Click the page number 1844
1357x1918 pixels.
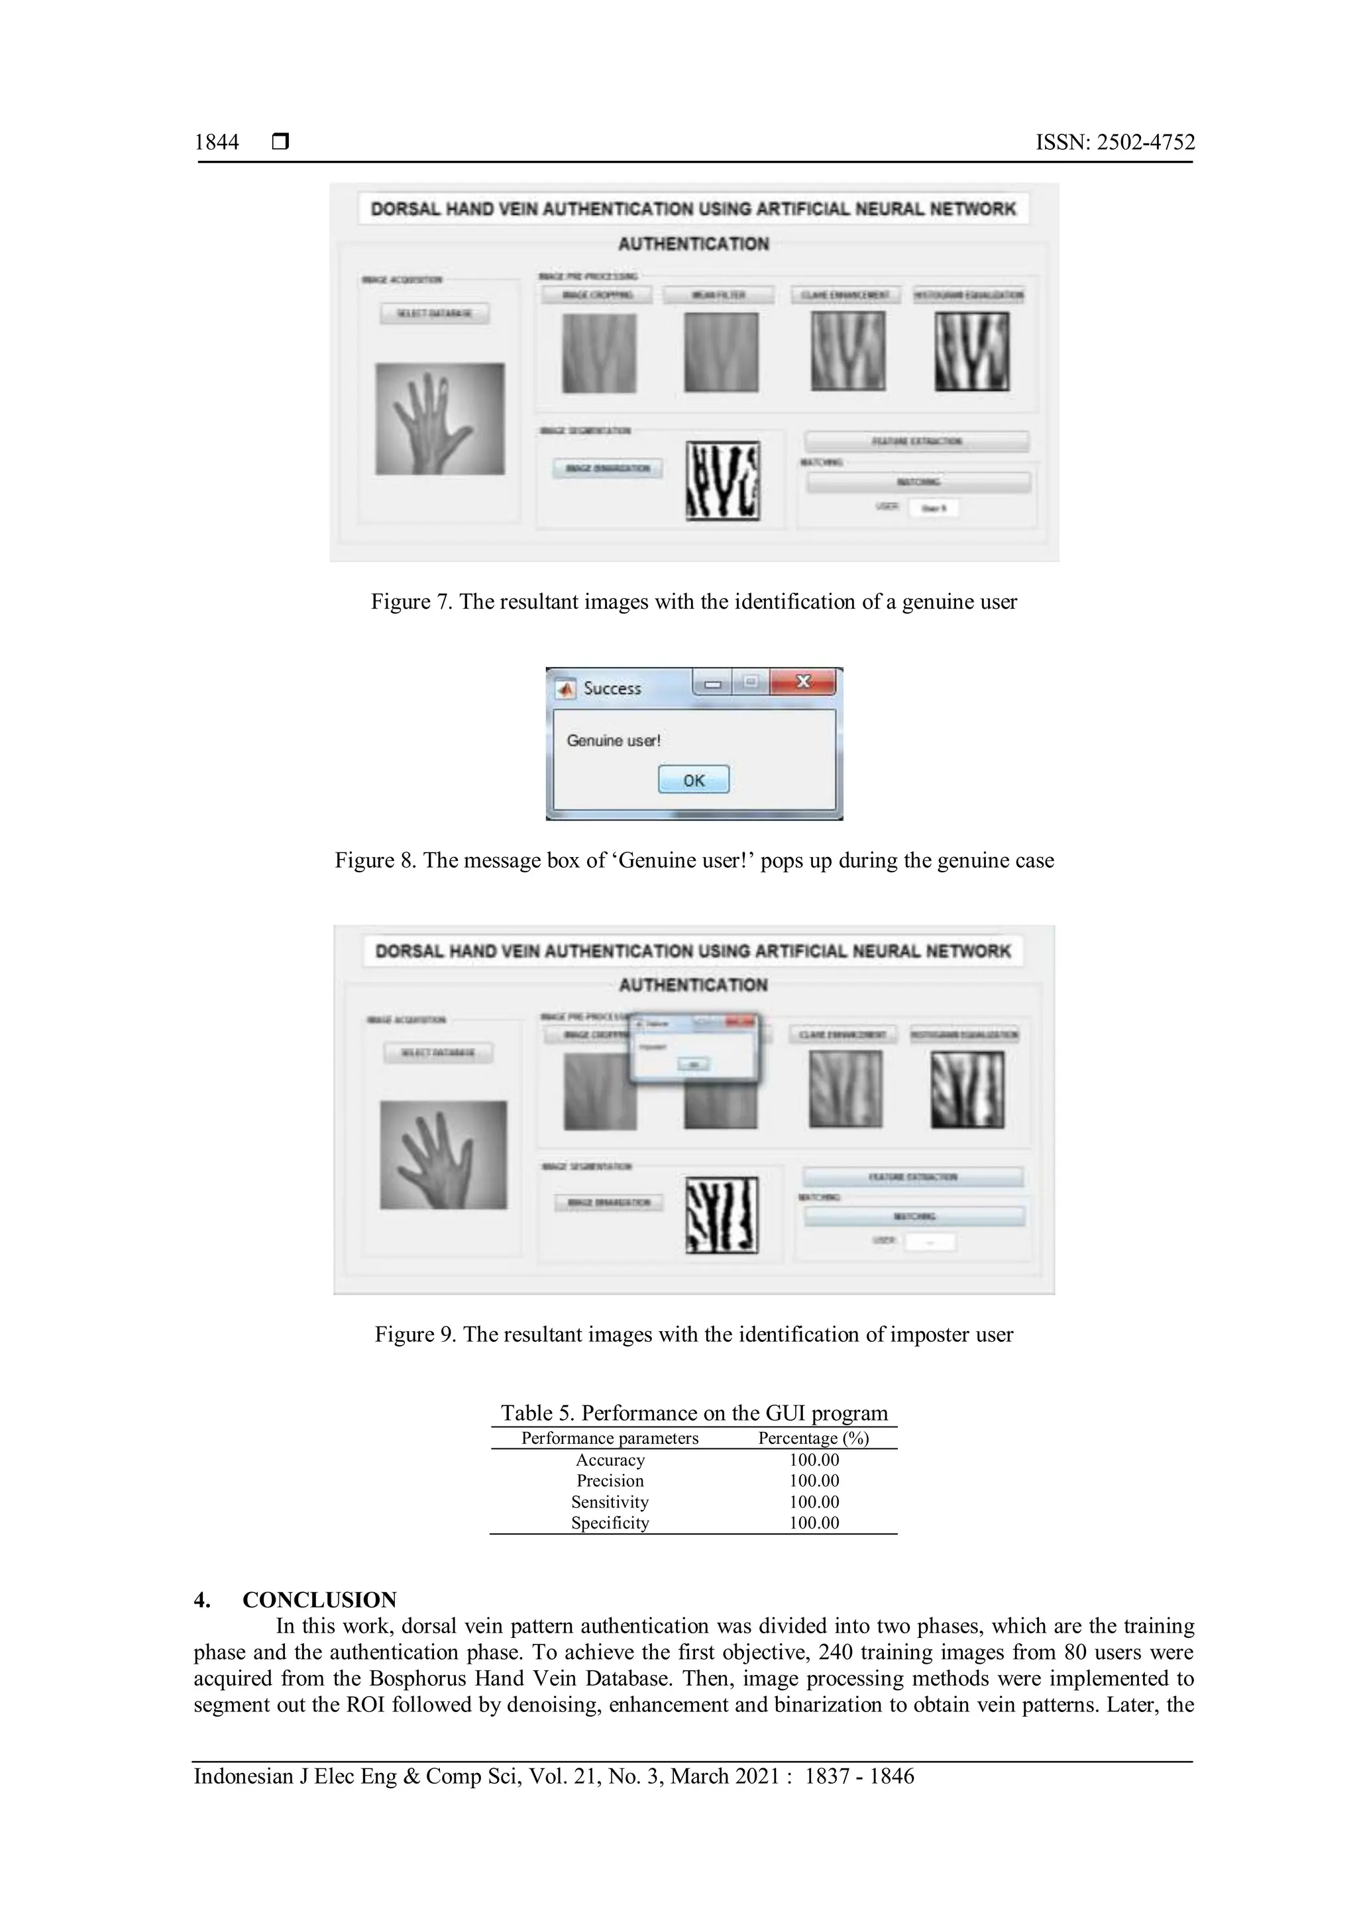(217, 142)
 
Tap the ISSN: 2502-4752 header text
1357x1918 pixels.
(1114, 142)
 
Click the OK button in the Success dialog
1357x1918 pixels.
(694, 780)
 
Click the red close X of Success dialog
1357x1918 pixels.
(803, 681)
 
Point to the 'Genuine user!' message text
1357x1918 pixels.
(614, 740)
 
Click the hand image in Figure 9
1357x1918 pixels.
(443, 1154)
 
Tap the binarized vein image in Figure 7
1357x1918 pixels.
(723, 480)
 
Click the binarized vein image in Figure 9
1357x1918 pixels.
(722, 1215)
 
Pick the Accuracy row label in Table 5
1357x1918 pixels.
(610, 1460)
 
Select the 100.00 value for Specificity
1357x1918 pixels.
(814, 1522)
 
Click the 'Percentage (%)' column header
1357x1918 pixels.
(813, 1438)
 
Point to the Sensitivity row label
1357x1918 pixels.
(610, 1501)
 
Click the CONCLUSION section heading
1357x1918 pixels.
(319, 1599)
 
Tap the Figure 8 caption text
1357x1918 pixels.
(694, 860)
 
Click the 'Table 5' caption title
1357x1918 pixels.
(694, 1413)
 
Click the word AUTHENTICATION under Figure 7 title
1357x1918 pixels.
(694, 244)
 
